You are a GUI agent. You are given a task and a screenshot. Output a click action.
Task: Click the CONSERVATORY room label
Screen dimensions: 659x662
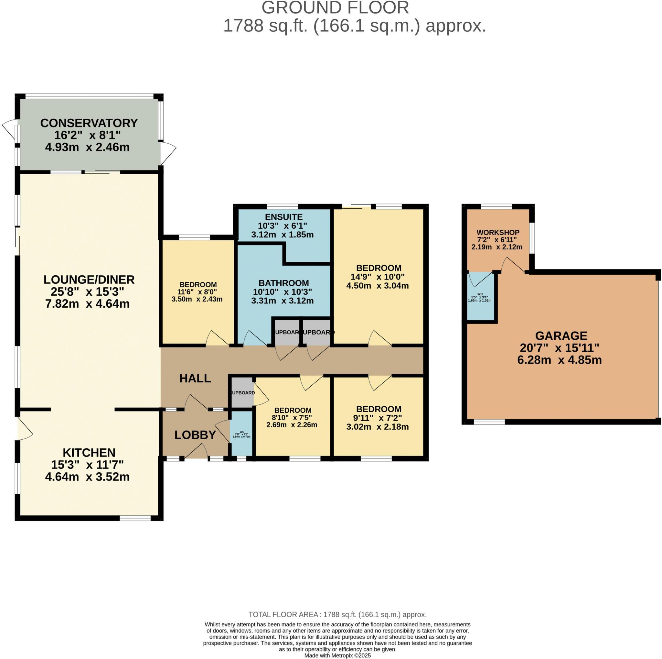(x=89, y=123)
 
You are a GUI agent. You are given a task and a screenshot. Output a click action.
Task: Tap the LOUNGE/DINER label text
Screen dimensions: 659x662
(x=89, y=280)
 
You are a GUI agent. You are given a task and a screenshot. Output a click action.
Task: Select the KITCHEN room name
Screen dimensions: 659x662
(x=89, y=453)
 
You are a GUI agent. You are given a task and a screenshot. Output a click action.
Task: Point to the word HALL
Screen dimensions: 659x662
(x=195, y=379)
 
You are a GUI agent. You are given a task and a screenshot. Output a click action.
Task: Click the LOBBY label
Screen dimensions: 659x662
(x=195, y=435)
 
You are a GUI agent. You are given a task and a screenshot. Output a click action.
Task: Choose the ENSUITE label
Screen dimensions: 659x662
(x=284, y=217)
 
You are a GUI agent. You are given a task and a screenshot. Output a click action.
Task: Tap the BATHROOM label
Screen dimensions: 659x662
(x=284, y=283)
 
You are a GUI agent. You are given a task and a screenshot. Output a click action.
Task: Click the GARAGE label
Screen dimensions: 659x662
(x=561, y=336)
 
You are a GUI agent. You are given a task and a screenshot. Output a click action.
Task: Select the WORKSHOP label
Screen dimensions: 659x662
(x=498, y=233)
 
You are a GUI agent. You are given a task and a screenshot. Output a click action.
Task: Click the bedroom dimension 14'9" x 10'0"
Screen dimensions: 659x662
(x=378, y=277)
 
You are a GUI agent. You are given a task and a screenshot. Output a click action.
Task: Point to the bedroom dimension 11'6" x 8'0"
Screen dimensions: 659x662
(x=198, y=292)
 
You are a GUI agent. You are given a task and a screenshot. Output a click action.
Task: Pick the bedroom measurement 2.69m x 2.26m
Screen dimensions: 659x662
(x=292, y=425)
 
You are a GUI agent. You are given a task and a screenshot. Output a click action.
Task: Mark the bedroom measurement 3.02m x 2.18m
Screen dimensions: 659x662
(x=378, y=427)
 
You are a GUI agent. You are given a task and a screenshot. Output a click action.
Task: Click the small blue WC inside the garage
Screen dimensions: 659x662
(x=480, y=297)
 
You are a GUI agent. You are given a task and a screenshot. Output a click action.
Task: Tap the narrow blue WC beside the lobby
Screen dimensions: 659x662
(x=241, y=434)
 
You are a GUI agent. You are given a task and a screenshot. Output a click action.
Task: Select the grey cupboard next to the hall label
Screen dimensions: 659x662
(x=242, y=393)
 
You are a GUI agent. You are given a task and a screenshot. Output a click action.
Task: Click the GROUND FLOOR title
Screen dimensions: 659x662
(x=336, y=7)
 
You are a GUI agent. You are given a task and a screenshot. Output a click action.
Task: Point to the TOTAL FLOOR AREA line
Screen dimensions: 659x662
(x=337, y=614)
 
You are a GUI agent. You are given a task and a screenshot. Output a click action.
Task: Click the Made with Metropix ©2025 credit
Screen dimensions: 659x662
(x=337, y=655)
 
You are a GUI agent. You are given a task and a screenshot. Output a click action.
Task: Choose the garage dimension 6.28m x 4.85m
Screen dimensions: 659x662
(x=560, y=360)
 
